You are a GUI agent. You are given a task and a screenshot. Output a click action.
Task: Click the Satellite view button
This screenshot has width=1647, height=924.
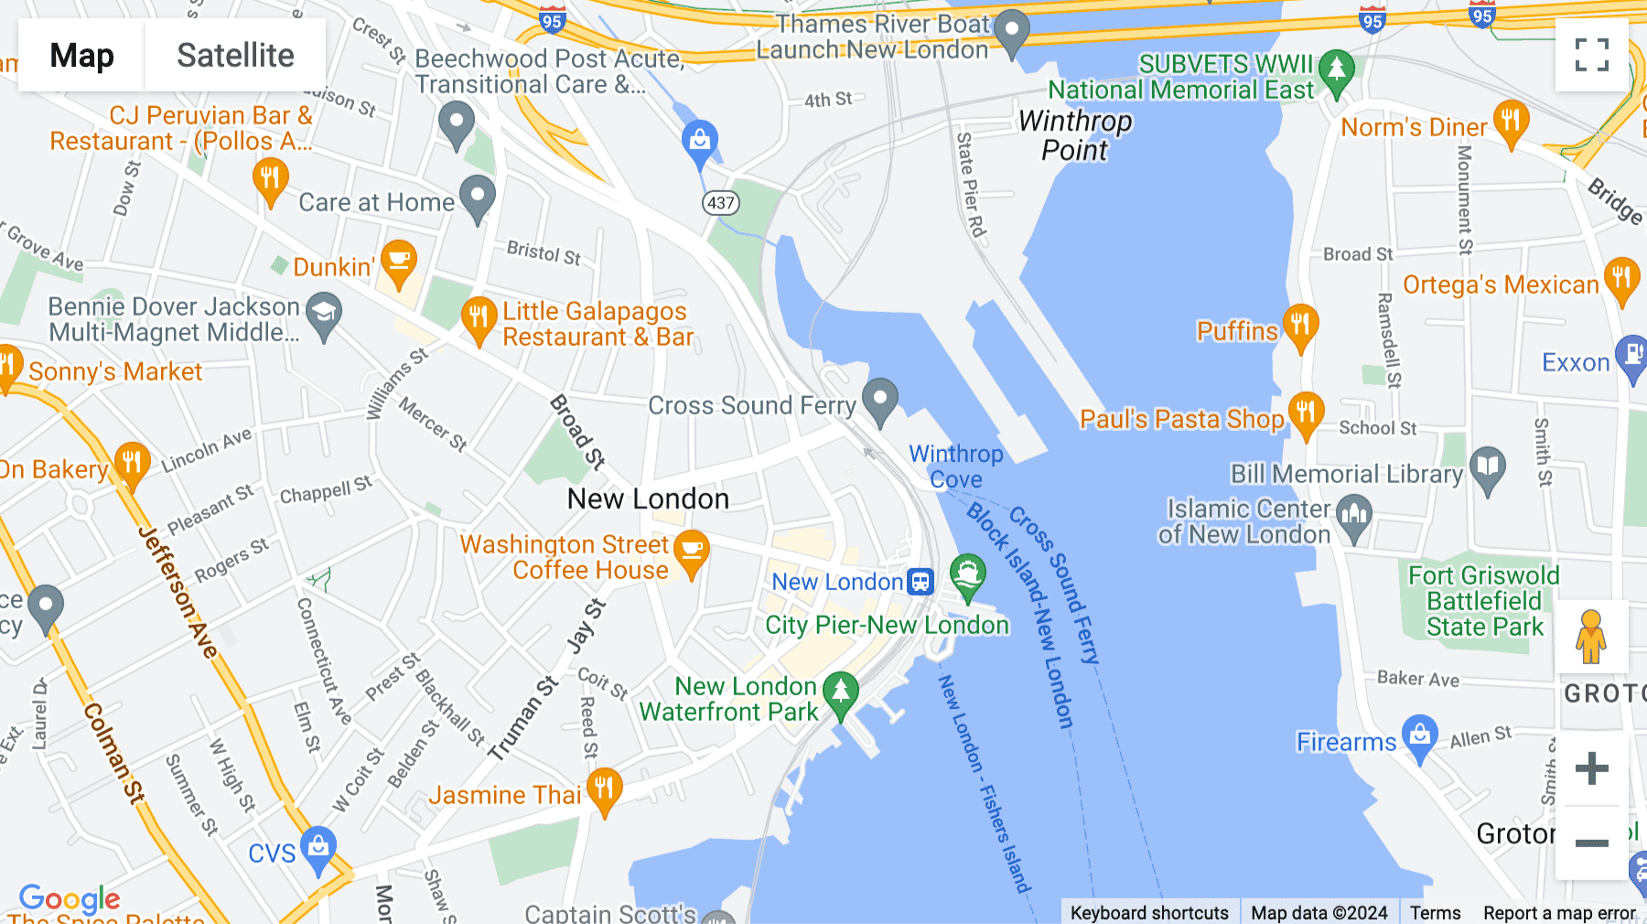click(235, 55)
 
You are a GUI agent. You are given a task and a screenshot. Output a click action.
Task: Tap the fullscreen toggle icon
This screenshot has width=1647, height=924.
click(1591, 55)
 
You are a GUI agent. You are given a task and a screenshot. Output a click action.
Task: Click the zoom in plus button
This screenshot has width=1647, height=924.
click(1591, 768)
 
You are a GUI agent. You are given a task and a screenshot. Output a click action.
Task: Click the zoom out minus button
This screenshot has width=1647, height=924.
click(1591, 843)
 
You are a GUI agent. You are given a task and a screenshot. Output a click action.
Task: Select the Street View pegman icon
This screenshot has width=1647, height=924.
click(1591, 637)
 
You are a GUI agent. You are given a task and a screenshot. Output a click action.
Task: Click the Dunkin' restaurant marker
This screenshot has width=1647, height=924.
click(399, 263)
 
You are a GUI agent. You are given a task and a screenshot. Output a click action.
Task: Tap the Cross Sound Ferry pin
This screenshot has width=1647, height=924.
click(880, 401)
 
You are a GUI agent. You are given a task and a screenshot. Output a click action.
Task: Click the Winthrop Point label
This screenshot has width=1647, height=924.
click(1075, 135)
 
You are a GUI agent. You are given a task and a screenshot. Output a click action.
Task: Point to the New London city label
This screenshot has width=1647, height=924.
click(648, 500)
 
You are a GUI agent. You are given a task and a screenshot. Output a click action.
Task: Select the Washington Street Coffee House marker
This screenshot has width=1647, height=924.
click(692, 553)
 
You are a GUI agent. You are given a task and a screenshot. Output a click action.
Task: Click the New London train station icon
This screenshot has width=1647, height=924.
click(920, 582)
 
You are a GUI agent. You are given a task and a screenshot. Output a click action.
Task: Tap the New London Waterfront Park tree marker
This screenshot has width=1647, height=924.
click(840, 693)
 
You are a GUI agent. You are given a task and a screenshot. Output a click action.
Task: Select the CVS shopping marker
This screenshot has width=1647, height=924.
click(318, 849)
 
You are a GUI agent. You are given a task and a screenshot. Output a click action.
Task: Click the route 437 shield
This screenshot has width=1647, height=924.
click(721, 203)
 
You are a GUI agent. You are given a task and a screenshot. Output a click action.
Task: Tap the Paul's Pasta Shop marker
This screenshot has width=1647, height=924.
click(1306, 414)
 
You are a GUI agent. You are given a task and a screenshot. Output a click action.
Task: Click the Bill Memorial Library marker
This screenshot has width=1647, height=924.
click(1488, 468)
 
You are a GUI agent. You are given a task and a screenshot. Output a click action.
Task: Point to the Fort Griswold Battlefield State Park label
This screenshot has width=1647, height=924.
click(1484, 601)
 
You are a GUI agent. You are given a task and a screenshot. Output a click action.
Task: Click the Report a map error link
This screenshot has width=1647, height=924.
click(1559, 913)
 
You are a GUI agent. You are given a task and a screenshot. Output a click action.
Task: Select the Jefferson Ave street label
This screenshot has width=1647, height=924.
click(178, 592)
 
